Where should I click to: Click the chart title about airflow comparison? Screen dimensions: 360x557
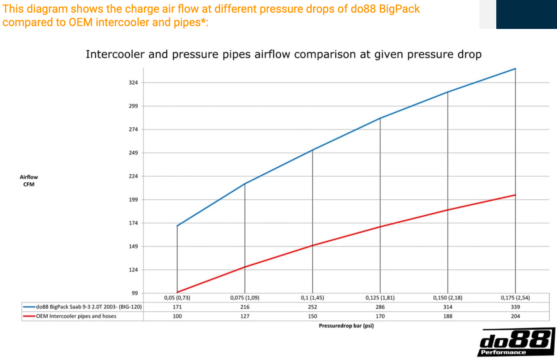tap(283, 54)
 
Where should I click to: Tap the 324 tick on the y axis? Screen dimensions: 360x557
tap(133, 83)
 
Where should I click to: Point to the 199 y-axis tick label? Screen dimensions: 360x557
tap(133, 200)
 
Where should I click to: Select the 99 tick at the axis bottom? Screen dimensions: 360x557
tap(134, 293)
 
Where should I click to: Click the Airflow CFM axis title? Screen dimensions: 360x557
tap(29, 181)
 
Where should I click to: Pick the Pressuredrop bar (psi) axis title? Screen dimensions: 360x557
tap(346, 326)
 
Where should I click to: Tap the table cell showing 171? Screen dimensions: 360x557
tap(177, 307)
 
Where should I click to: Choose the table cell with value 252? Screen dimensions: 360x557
tap(312, 307)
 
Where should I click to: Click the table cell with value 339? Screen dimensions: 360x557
tap(515, 307)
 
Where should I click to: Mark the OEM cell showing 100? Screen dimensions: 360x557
tap(177, 316)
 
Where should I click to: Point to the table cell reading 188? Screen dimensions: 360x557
tap(448, 316)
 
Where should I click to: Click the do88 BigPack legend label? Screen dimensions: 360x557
tap(89, 307)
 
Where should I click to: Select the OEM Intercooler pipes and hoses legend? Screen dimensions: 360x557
tap(76, 316)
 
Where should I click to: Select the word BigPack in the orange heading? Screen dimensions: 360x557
tap(399, 9)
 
